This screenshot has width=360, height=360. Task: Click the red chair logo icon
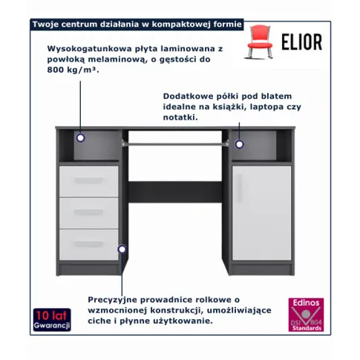tap(260, 42)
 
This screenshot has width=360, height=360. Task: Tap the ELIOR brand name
tap(302, 42)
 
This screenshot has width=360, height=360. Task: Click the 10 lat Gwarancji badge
tap(52, 320)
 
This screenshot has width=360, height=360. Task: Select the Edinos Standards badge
tap(306, 315)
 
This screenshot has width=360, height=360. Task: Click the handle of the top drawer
tap(88, 180)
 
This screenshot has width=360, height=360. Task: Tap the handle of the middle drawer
tap(88, 212)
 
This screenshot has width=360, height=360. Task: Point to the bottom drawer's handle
tap(88, 244)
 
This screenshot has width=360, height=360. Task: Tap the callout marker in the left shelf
tap(80, 138)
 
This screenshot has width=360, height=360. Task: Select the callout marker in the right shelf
tap(239, 144)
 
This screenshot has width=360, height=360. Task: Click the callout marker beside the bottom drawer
tap(122, 249)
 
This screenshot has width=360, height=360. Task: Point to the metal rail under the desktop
tap(175, 143)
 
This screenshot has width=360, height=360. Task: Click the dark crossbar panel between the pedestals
tap(175, 192)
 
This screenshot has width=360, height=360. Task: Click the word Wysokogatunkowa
tap(90, 49)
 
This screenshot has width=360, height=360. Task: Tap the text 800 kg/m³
tap(73, 70)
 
